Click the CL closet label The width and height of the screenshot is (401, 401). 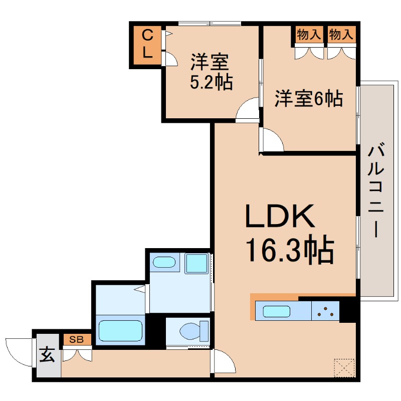coord(147,44)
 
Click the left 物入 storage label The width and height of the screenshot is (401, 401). coord(308,35)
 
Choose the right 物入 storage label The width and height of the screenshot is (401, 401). coord(341,35)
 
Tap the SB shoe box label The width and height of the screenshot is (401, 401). coord(77,339)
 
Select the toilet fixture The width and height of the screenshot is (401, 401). coord(192,331)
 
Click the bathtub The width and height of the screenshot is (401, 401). coord(120,331)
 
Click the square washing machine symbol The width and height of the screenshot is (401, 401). coord(196,264)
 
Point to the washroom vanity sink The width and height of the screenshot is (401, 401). coord(164,263)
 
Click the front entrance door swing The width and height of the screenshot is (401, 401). coord(19,351)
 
